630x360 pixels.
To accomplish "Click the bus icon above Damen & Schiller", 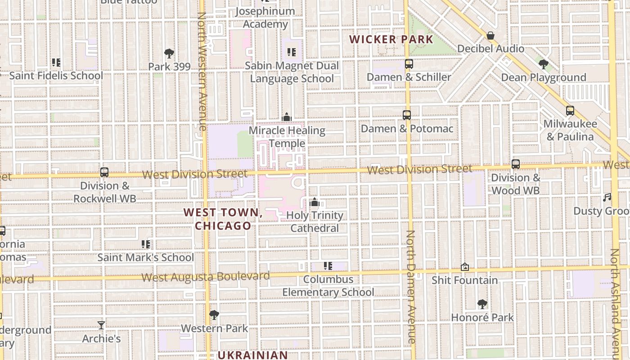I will click(x=409, y=64).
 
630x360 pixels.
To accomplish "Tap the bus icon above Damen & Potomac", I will click(x=407, y=115).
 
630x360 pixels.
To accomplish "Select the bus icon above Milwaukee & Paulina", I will click(x=570, y=111).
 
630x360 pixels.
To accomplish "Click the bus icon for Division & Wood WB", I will click(x=516, y=164).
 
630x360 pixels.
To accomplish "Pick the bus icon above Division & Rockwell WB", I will click(x=104, y=172).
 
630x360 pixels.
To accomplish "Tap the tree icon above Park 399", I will click(x=169, y=54).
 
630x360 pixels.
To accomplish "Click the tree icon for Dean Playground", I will click(x=544, y=64).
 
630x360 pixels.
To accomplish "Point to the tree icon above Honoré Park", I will click(x=482, y=304).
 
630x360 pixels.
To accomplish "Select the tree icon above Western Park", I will click(x=214, y=315).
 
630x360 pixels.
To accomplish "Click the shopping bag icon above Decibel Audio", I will click(x=490, y=36).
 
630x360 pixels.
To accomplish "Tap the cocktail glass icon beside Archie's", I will click(x=101, y=325).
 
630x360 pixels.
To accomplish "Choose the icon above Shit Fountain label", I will click(x=465, y=267).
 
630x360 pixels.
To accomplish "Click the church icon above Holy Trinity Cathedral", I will click(x=315, y=202).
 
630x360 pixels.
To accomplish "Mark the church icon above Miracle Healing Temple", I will click(x=287, y=117).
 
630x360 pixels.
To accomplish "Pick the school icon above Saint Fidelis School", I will click(x=56, y=62).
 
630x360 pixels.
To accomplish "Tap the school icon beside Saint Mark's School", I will click(x=146, y=244).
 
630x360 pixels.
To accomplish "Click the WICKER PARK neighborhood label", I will click(x=391, y=39).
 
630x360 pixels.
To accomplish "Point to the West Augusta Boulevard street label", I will click(x=206, y=277).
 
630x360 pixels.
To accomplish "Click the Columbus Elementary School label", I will click(x=328, y=286).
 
